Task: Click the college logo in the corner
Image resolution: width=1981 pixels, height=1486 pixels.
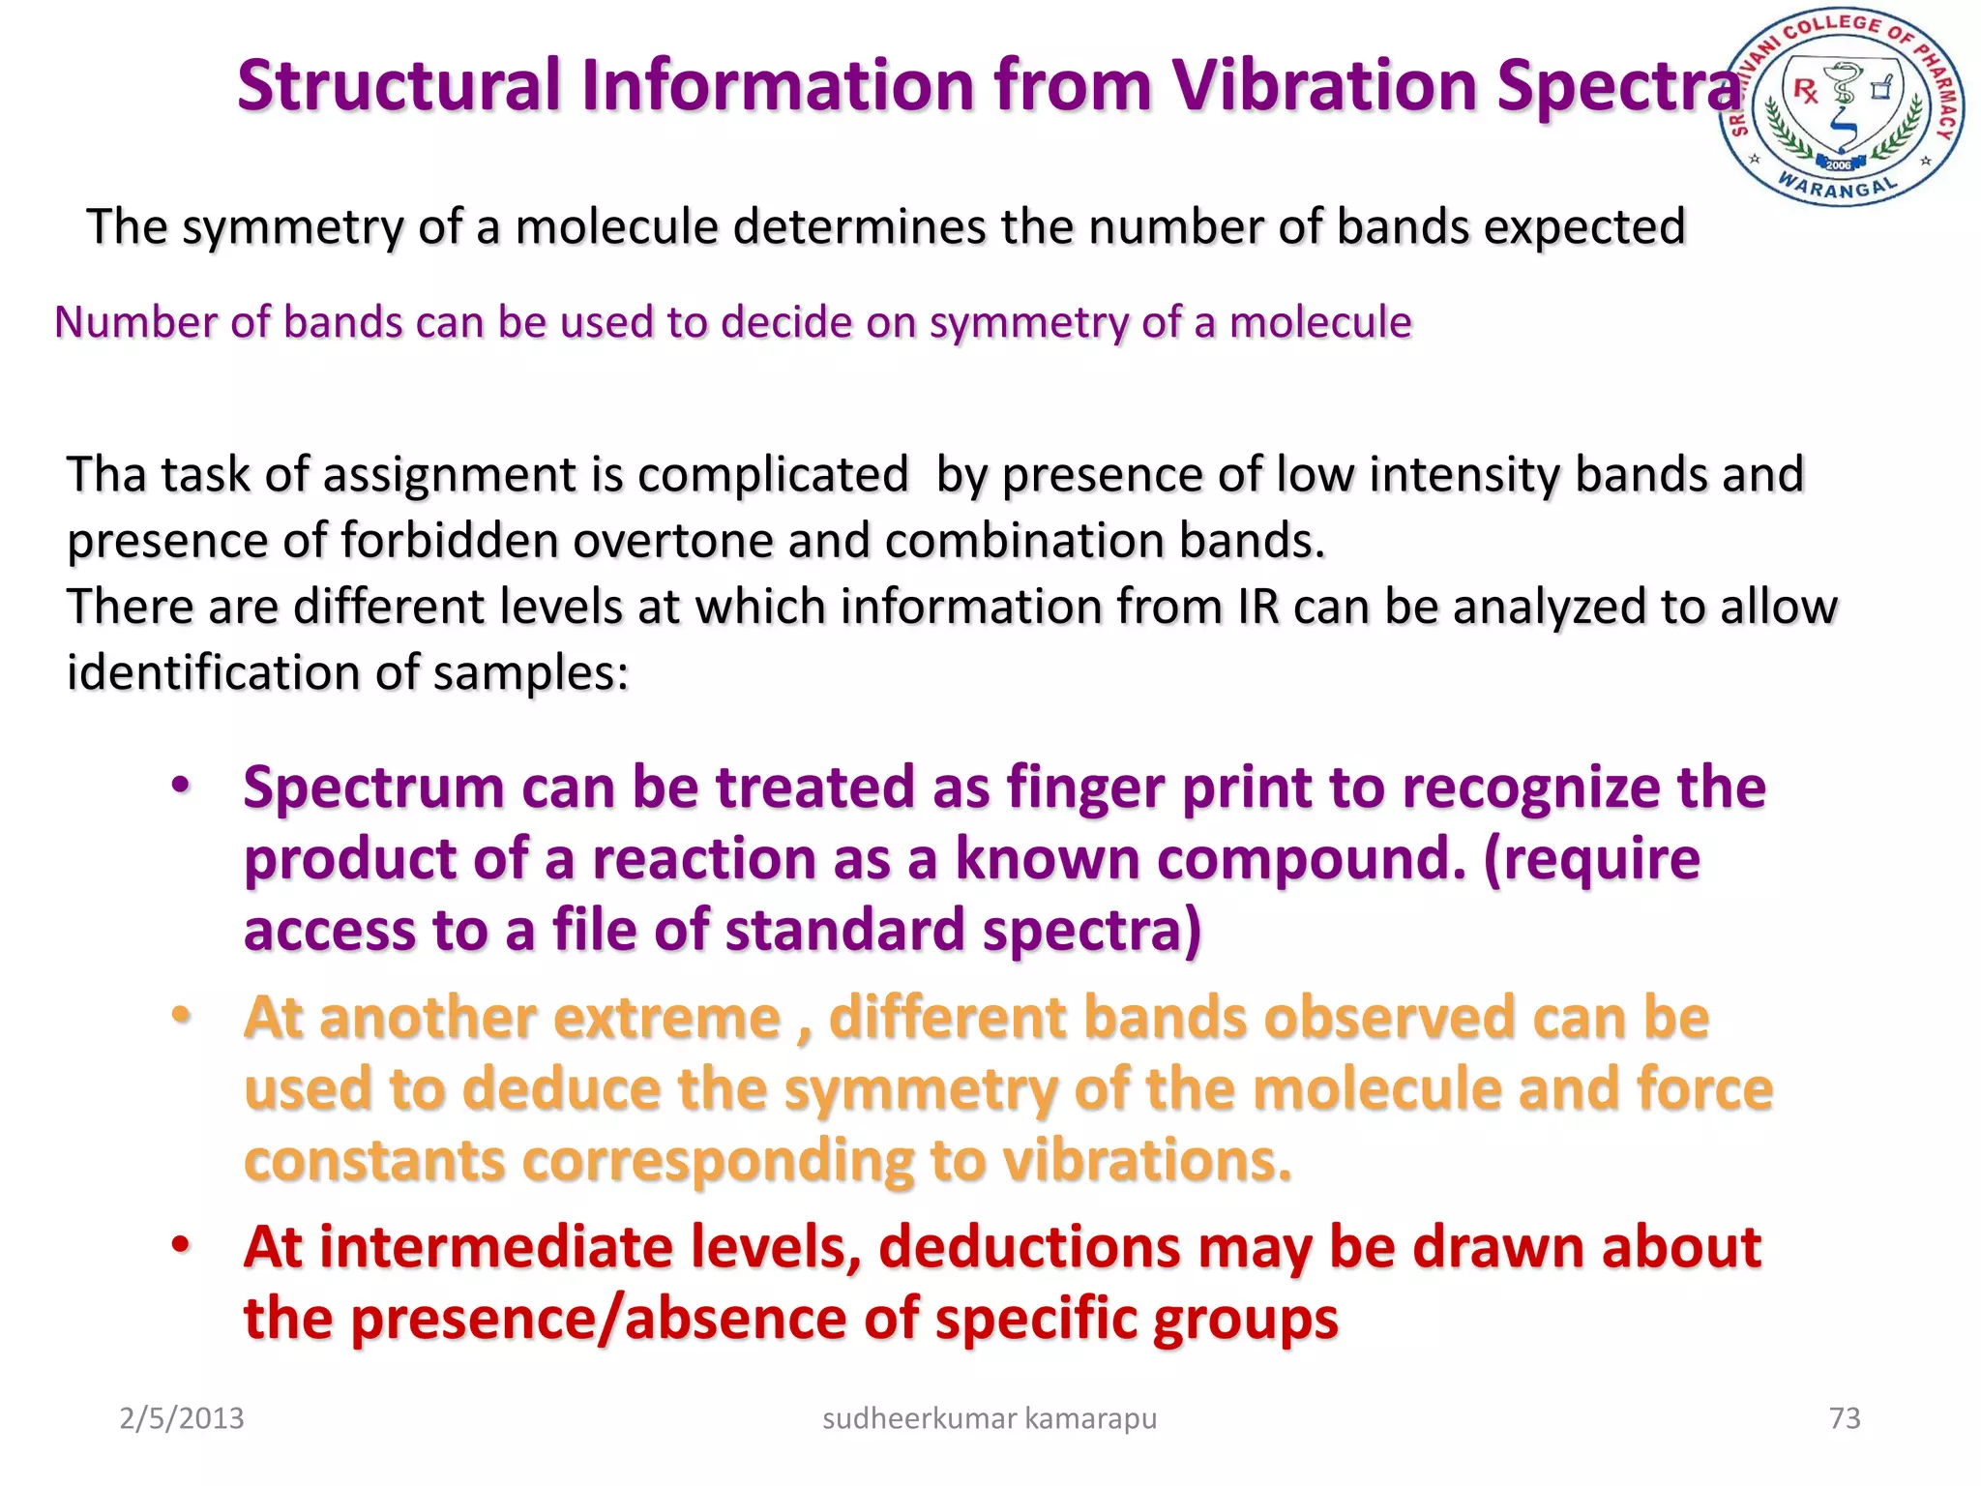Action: [1843, 106]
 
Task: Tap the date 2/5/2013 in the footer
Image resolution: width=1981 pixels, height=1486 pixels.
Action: [181, 1418]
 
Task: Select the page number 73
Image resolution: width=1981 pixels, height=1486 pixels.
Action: [1845, 1418]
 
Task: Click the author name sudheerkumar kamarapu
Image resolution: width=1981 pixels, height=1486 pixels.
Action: [989, 1418]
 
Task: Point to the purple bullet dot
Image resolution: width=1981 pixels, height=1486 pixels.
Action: [181, 786]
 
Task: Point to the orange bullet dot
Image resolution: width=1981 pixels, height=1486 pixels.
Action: [181, 1016]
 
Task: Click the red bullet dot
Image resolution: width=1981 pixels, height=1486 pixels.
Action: [181, 1245]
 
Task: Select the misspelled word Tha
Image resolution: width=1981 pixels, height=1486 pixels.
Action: [105, 475]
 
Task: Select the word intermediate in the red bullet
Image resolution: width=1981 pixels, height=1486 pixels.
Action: [496, 1248]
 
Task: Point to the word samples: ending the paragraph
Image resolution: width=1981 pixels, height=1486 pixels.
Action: [531, 673]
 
